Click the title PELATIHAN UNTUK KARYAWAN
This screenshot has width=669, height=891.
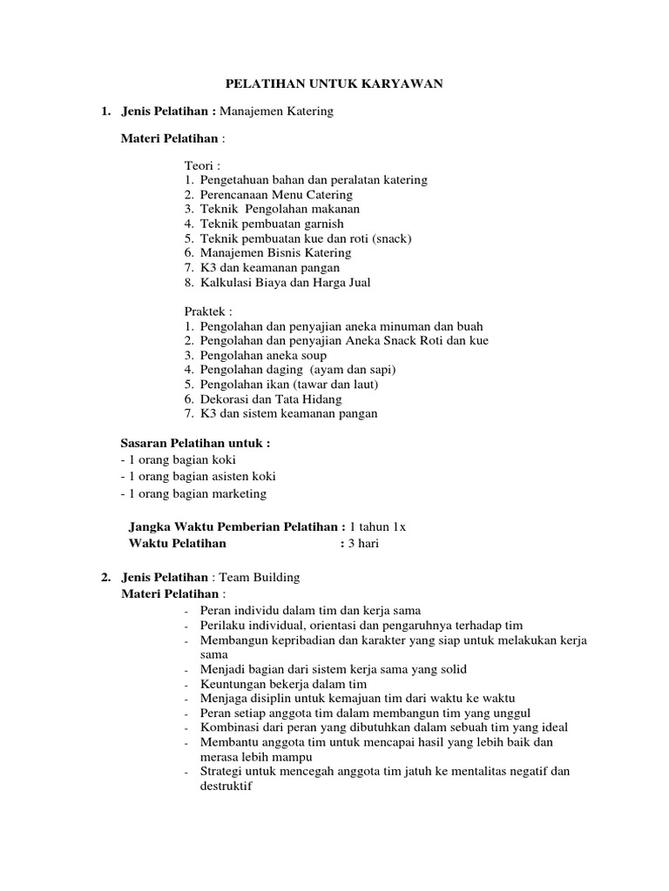[x=335, y=84]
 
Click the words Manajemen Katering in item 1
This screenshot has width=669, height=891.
[x=277, y=111]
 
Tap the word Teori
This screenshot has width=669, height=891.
[x=202, y=165]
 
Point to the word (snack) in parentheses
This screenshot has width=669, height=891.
[x=389, y=238]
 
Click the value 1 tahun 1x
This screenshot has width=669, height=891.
[x=377, y=526]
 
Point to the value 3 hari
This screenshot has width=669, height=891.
[x=363, y=544]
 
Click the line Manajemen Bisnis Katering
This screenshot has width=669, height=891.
[x=275, y=252]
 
